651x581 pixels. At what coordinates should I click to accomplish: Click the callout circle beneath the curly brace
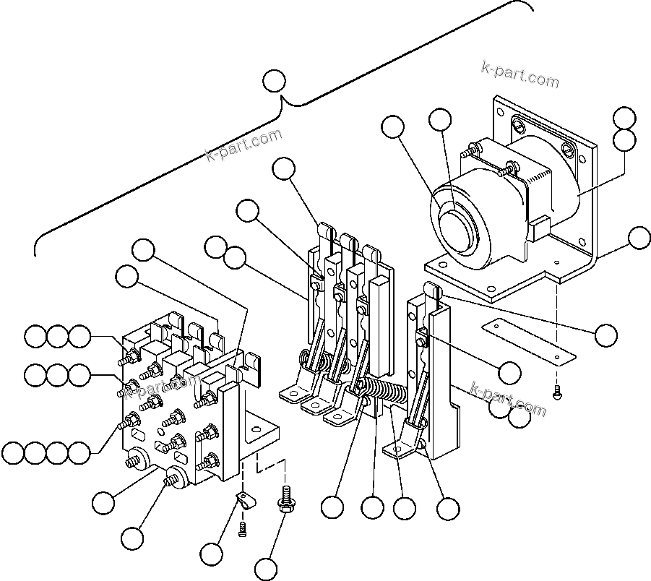275,81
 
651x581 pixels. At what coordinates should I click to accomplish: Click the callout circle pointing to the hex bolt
267,569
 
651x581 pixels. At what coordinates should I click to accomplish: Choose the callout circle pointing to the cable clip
212,554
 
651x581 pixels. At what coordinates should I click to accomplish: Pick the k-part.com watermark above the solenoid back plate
519,73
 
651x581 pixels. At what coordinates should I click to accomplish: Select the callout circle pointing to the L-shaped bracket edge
639,237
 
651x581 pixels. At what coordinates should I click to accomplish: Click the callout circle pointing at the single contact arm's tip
606,334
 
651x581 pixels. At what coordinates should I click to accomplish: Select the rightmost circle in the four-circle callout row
79,453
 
